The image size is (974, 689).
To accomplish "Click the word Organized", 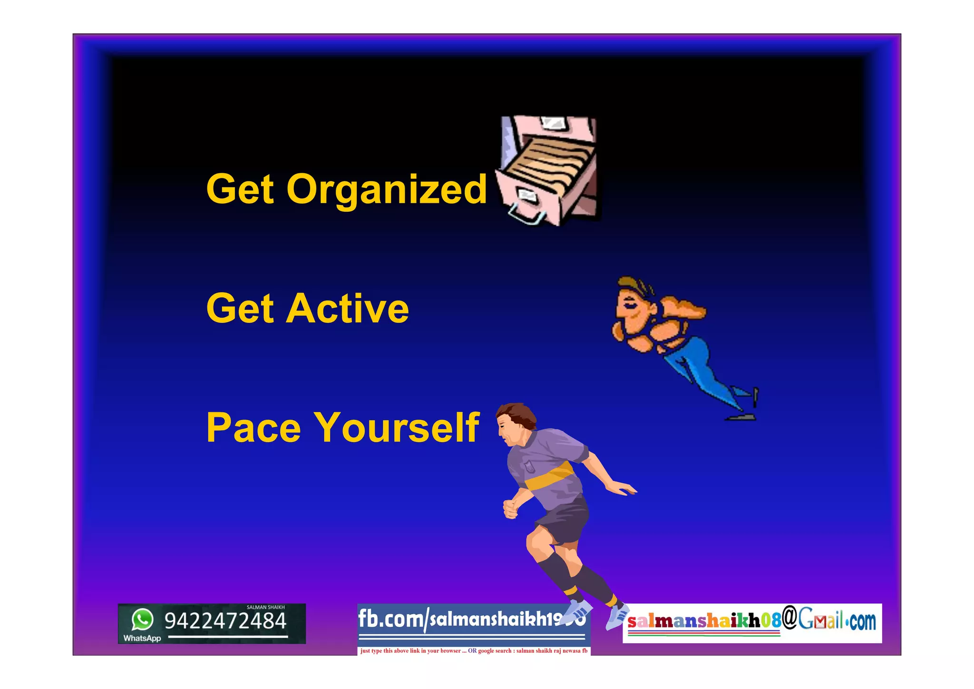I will click(386, 189).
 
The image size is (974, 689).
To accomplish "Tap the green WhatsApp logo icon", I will click(142, 620).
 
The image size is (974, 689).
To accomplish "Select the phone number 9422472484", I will click(225, 621).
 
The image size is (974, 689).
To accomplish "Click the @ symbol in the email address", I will click(789, 617).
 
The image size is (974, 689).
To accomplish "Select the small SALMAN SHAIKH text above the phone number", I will click(265, 607).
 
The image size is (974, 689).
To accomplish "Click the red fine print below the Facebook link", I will click(474, 650).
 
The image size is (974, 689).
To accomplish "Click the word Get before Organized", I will click(240, 189).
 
